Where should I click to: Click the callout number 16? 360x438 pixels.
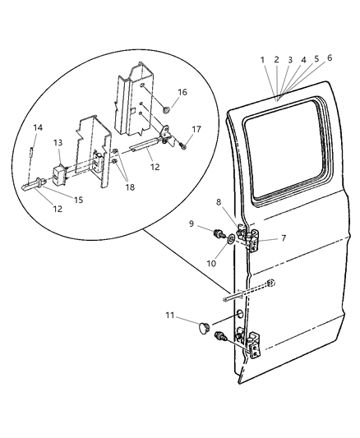point(182,92)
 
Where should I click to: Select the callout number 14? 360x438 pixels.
point(37,127)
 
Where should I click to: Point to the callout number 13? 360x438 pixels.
point(58,142)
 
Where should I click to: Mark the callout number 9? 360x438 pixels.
point(191,223)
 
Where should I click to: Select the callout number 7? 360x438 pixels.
point(283,238)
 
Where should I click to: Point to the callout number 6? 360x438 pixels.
point(330,58)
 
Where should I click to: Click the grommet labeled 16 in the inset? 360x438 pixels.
point(167,108)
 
